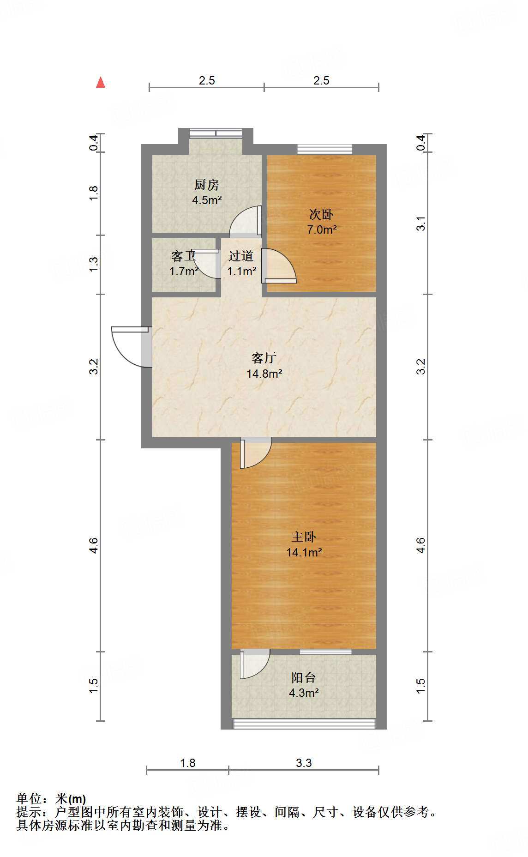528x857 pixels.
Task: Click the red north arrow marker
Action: pos(100,83)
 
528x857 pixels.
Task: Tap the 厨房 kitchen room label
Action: pos(206,185)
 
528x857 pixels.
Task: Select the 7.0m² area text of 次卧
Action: pos(322,229)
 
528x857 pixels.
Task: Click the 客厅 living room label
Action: pos(264,358)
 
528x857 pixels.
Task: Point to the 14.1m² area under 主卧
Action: pos(304,552)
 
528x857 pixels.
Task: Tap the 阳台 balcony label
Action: pos(304,677)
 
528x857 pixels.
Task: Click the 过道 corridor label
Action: pos(241,256)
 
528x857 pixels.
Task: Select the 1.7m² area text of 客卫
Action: pos(184,271)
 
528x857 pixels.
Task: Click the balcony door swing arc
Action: pos(254,664)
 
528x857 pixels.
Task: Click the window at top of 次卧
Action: pos(324,149)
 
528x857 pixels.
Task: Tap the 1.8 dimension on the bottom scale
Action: pos(188,763)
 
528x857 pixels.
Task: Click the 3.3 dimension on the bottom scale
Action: pos(304,763)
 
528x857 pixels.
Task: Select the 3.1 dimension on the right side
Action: pos(420,224)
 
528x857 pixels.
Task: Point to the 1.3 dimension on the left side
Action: pos(94,264)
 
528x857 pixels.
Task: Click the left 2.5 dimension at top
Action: pos(207,80)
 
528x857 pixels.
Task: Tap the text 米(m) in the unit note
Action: pos(70,798)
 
